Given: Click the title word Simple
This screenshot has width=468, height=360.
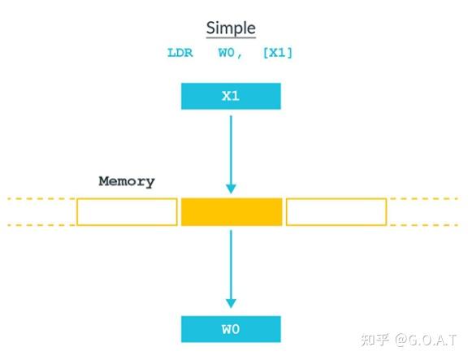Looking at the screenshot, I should [x=231, y=28].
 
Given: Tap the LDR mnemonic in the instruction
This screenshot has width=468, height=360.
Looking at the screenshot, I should [x=180, y=54].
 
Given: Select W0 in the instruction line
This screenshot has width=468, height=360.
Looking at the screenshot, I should [x=228, y=54].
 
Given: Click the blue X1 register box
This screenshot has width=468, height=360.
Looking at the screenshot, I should [x=231, y=96].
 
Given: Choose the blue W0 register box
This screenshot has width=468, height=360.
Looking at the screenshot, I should [x=231, y=329].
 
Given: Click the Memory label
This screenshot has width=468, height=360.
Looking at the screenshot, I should [x=126, y=181].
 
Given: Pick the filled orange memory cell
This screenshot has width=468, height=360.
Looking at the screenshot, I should [x=232, y=211].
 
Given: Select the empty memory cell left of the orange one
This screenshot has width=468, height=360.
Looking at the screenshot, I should [x=127, y=211].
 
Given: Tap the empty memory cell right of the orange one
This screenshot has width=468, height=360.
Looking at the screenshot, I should [x=336, y=211].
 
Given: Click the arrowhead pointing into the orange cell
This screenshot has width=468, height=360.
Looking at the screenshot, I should [x=231, y=189].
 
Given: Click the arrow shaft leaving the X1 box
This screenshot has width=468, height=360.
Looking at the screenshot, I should [x=231, y=146].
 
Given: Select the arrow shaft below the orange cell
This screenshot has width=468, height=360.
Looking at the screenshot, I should [x=231, y=260].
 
